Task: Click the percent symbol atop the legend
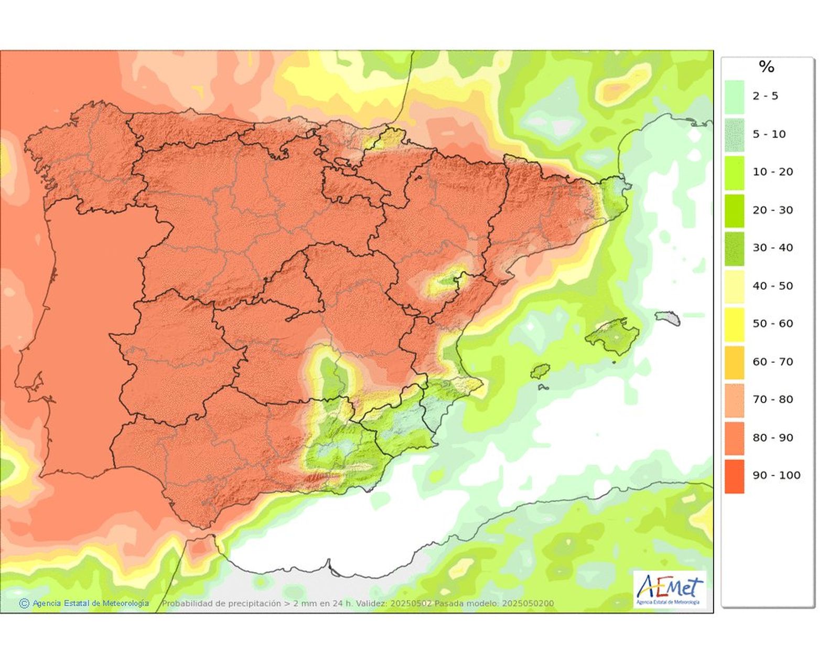766,67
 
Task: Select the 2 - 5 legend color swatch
734,97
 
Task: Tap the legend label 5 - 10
769,134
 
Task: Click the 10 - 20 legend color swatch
734,173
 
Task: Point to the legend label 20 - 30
772,210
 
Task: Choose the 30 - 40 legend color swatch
734,249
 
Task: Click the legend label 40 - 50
772,286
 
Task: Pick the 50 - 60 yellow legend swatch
734,324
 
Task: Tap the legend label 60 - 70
772,362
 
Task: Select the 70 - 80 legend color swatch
734,400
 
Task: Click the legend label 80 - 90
772,438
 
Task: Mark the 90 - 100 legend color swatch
734,476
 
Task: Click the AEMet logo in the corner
669,590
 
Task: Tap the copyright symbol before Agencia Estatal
24,604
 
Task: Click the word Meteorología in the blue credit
125,604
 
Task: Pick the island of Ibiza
539,371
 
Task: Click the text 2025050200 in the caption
528,604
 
